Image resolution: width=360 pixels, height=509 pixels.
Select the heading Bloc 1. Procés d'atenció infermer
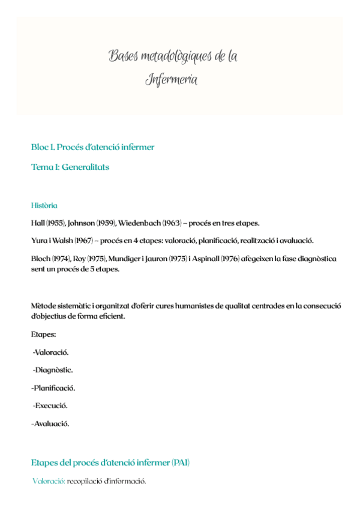(x=92, y=147)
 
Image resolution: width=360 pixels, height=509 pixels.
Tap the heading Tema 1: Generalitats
(x=70, y=167)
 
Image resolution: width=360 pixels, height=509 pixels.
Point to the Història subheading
(x=44, y=206)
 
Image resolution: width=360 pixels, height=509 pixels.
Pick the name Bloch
(x=41, y=259)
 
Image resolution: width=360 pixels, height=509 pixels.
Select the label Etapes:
(x=43, y=334)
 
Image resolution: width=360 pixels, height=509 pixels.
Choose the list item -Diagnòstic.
(x=53, y=370)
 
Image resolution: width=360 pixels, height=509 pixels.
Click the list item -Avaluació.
(x=50, y=424)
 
